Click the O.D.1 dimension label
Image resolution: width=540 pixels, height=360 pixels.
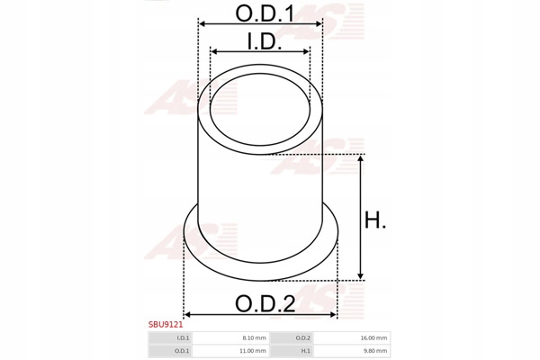[x=265, y=13]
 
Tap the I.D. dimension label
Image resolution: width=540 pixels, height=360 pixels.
[x=265, y=41]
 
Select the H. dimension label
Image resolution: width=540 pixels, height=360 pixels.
[x=375, y=220]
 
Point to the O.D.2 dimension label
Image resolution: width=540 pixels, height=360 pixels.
[x=265, y=303]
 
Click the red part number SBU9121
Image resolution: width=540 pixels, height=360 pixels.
[x=166, y=324]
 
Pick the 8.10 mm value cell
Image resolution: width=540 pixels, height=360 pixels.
[x=230, y=338]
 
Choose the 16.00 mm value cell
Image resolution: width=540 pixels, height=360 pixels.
[x=352, y=338]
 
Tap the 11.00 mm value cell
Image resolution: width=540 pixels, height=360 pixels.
[x=230, y=351]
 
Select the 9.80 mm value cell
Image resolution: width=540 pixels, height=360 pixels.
[x=352, y=351]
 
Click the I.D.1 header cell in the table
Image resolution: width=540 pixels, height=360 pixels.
[x=170, y=338]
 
